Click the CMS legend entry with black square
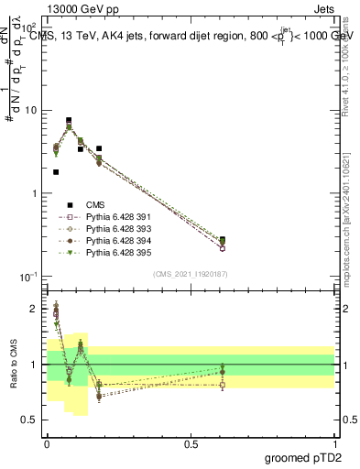click(x=96, y=204)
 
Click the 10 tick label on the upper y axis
click(x=30, y=110)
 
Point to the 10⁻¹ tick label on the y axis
click(x=27, y=277)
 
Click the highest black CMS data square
click(x=69, y=120)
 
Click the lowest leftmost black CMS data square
click(x=57, y=171)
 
